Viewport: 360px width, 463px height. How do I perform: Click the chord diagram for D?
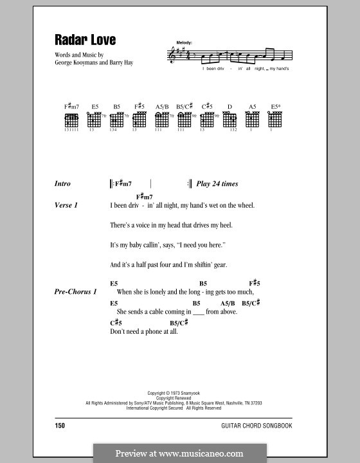click(230, 120)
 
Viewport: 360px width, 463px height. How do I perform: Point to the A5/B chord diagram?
click(162, 120)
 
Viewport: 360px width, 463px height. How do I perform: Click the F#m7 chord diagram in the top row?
click(71, 120)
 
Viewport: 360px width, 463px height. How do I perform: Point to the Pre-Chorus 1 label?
click(76, 291)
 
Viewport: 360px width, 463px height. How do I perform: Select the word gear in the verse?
click(219, 264)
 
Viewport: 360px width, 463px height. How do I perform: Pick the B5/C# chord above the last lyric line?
click(179, 322)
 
